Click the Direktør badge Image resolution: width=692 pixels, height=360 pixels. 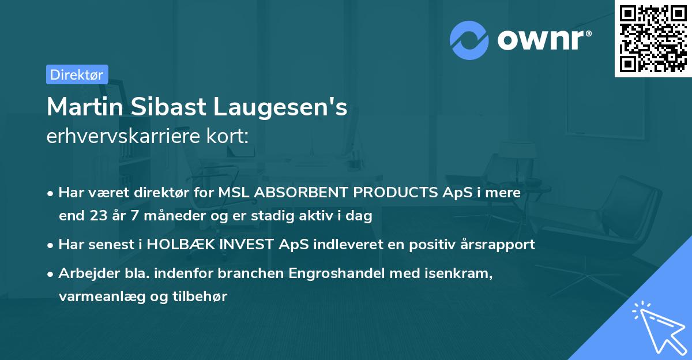(77, 74)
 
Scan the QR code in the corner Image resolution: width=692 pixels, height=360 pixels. (653, 39)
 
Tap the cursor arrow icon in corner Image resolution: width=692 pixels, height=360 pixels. (659, 327)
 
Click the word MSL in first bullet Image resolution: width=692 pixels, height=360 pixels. (232, 193)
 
